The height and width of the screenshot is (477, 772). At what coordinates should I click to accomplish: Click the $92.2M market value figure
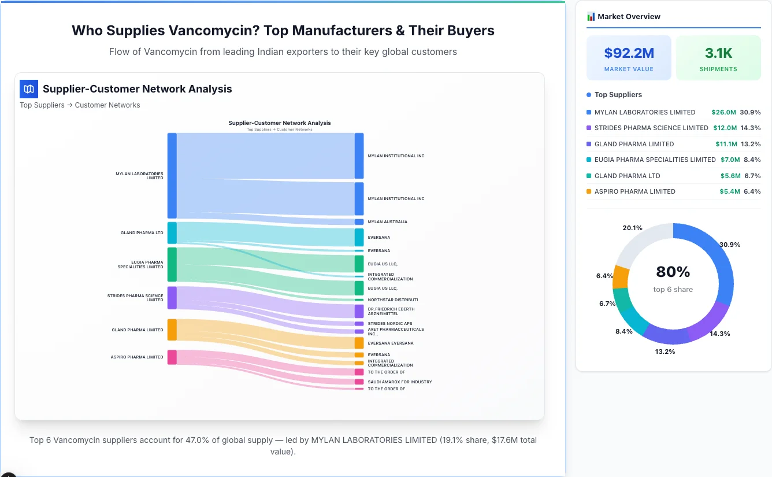pos(629,53)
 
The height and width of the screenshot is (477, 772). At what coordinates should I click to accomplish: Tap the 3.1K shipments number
pos(718,53)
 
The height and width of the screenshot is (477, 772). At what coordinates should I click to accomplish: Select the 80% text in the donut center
pos(673,272)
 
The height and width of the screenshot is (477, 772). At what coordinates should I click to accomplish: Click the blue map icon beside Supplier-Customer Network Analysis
pos(29,89)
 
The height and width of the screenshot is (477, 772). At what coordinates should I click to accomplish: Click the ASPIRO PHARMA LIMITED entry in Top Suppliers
pos(634,191)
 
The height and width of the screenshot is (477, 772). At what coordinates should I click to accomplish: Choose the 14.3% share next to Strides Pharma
pos(751,128)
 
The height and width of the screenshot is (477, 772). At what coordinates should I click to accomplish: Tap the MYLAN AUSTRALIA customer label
pos(387,222)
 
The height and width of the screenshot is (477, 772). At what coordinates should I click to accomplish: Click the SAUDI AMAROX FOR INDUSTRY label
pos(399,382)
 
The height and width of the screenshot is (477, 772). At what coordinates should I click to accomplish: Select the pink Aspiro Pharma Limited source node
pos(172,357)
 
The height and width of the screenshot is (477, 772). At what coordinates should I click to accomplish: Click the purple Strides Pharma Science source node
pos(172,298)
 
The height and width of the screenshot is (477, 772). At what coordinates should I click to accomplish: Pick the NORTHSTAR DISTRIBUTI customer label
pos(392,300)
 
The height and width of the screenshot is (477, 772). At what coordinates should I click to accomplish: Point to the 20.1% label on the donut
pos(632,228)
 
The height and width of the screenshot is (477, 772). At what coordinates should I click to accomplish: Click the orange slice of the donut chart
pos(621,277)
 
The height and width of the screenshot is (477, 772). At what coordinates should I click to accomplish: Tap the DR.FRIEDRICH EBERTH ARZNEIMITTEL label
pos(391,312)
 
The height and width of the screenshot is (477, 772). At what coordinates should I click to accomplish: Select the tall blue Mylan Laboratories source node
pos(172,176)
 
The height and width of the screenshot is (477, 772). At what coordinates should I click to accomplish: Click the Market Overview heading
pos(629,17)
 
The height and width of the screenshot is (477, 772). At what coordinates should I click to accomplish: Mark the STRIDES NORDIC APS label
pos(389,324)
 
